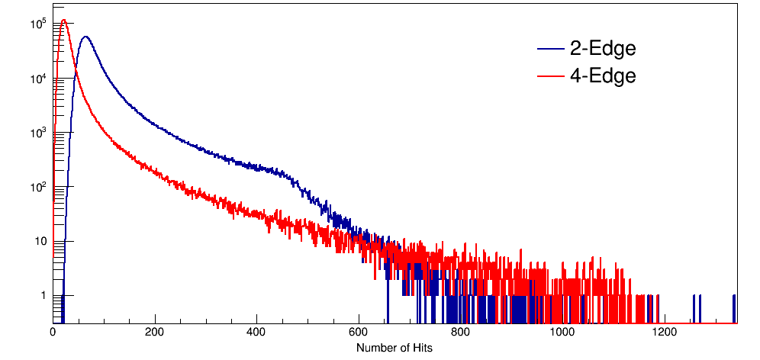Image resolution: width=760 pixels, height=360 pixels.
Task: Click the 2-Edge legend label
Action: [602, 50]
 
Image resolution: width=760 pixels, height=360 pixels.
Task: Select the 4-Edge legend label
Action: [602, 76]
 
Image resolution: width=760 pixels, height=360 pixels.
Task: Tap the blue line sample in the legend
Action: [550, 50]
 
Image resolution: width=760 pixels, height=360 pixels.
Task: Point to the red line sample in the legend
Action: [550, 76]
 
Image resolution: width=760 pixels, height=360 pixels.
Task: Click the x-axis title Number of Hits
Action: [394, 348]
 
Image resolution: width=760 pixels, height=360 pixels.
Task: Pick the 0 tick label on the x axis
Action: [53, 333]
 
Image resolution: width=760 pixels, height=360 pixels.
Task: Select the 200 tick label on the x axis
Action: [155, 333]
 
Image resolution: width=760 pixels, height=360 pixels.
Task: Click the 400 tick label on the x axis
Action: [257, 333]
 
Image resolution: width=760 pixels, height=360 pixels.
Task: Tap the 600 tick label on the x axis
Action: [359, 333]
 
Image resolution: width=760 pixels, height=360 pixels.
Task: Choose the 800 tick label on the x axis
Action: [462, 333]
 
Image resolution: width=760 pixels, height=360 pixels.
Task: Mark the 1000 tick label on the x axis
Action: [563, 333]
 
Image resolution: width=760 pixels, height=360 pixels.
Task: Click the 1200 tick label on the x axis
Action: [665, 333]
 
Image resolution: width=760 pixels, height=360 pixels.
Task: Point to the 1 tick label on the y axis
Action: [44, 296]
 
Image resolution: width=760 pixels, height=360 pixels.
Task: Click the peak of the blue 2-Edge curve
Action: [85, 37]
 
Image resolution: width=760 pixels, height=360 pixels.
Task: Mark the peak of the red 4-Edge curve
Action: [64, 21]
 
